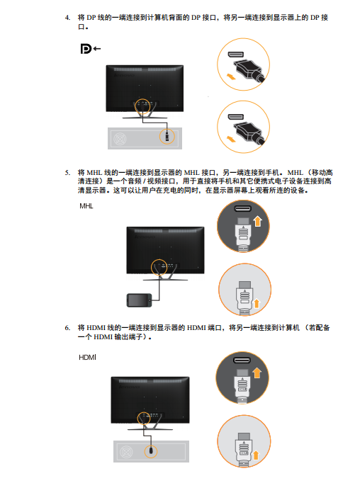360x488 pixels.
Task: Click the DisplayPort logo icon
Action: point(86,49)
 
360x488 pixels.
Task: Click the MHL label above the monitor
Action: point(86,206)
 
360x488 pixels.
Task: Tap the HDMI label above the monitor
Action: point(87,357)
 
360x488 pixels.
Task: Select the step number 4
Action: point(67,18)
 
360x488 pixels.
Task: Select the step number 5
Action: point(67,173)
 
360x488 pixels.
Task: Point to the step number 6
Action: point(67,328)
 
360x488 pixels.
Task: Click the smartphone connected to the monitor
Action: point(139,300)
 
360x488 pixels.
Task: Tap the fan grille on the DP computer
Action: point(120,139)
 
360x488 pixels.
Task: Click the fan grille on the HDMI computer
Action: point(126,452)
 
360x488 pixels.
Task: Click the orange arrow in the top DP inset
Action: point(230,76)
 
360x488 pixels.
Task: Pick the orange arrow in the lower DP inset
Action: point(231,139)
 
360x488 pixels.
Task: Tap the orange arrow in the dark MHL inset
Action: point(257,221)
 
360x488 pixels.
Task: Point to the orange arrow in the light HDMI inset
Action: point(256,455)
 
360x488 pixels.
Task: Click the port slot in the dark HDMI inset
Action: point(242,361)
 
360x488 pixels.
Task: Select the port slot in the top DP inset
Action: point(236,55)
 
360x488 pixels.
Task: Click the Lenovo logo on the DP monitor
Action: point(124,75)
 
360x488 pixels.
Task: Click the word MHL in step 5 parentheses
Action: point(296,173)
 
